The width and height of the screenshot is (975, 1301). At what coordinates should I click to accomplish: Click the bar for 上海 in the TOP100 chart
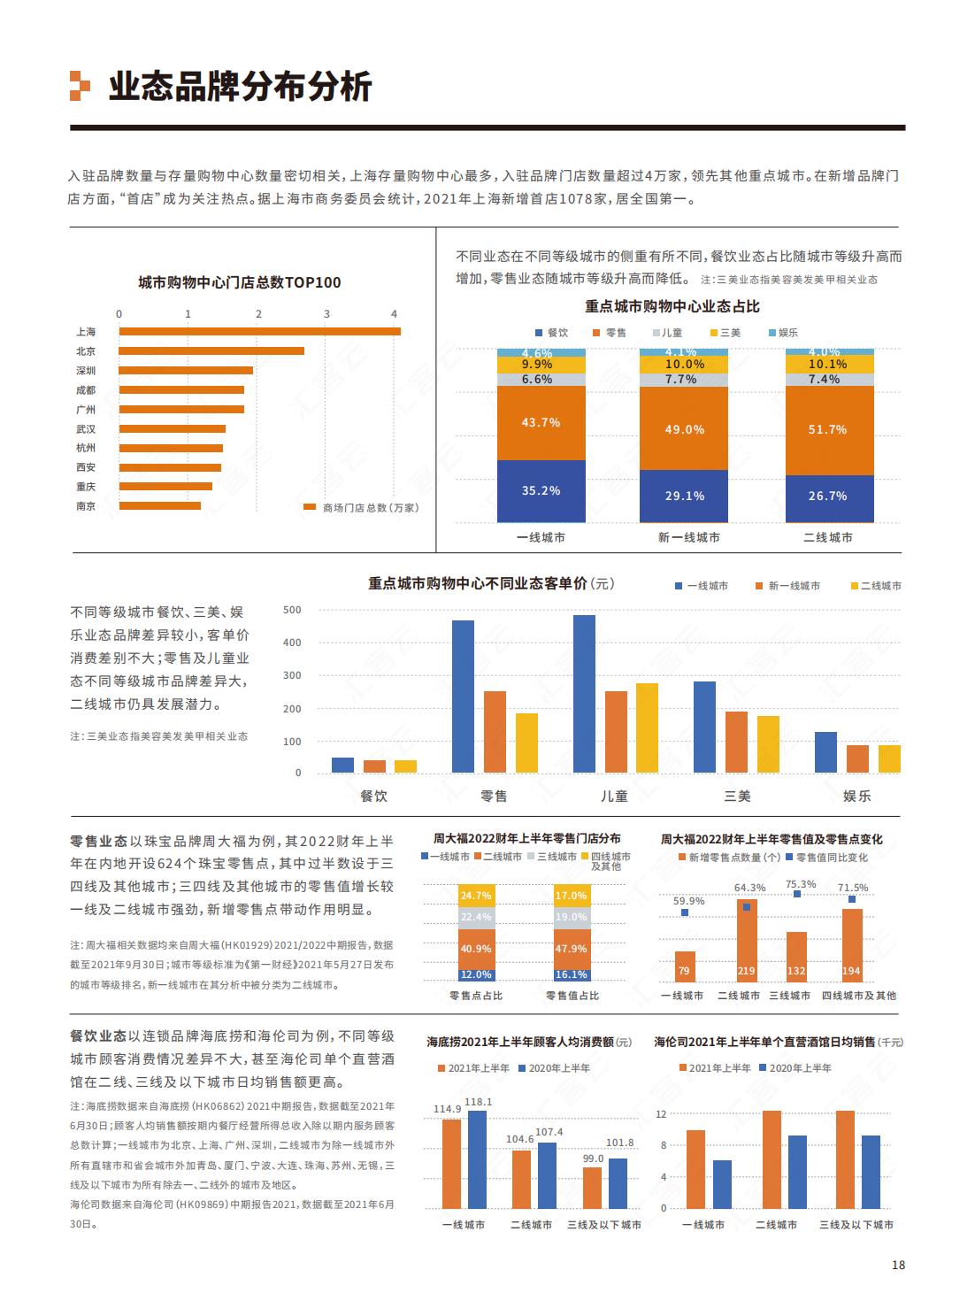[259, 332]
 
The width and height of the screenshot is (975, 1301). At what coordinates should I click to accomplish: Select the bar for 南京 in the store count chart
[160, 506]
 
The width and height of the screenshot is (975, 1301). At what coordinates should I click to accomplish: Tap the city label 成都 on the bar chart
[86, 390]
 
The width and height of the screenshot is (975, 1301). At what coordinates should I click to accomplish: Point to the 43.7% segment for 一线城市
[541, 423]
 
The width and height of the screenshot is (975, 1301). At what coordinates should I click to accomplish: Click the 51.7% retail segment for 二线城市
[828, 430]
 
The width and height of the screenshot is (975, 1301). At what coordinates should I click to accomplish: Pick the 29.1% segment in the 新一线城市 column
[684, 497]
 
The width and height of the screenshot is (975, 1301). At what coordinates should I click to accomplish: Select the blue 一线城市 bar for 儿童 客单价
[584, 694]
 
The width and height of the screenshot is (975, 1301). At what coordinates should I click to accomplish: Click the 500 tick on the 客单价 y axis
[292, 610]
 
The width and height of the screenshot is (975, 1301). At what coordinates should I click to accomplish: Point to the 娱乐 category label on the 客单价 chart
[856, 796]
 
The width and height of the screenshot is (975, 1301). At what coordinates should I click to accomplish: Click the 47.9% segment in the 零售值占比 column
[572, 949]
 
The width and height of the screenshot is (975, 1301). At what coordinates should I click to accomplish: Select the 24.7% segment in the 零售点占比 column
[476, 896]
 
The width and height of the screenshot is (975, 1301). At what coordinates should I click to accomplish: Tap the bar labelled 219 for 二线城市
[747, 941]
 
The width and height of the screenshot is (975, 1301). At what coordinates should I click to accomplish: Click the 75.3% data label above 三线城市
[801, 884]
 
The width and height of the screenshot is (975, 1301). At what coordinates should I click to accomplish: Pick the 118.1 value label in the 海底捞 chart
[478, 1102]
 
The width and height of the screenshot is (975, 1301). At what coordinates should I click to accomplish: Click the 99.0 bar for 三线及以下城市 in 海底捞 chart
[592, 1188]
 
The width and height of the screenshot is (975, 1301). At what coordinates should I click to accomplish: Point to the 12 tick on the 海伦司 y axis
[661, 1113]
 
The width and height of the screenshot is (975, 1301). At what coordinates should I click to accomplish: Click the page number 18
[898, 1265]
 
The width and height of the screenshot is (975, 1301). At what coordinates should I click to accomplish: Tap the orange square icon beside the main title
[80, 86]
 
